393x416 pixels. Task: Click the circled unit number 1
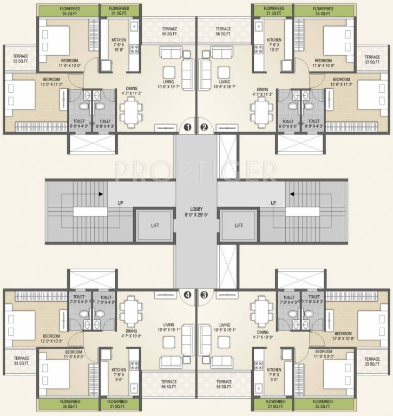coord(187,128)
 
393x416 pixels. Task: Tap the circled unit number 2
coord(204,128)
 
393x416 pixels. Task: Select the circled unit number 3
coord(204,295)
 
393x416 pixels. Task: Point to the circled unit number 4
coord(187,295)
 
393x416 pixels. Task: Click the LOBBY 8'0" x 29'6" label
coord(196,211)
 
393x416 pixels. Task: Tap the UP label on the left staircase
coord(121,203)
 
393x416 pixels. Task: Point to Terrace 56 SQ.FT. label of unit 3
coord(223,384)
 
